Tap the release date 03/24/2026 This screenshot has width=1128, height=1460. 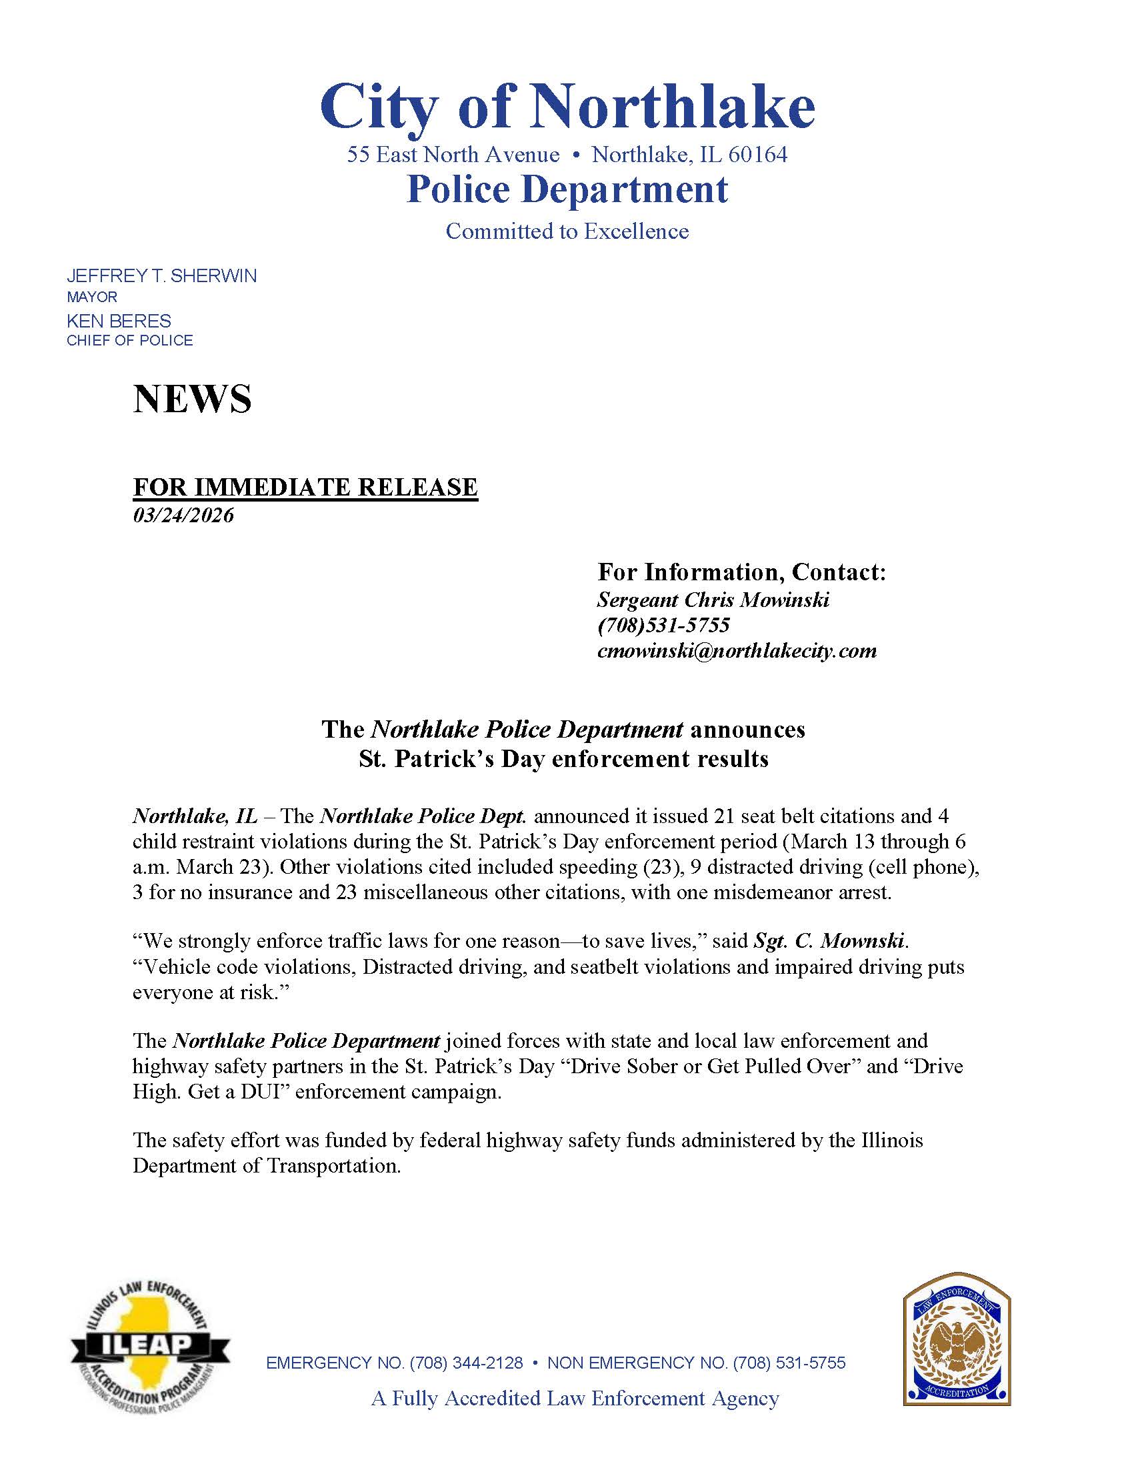tap(183, 516)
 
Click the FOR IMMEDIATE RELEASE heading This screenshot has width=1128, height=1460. tap(305, 487)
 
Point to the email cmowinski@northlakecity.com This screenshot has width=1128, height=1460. tap(737, 650)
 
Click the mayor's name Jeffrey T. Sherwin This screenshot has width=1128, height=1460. tap(161, 276)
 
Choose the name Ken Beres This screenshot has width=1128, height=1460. tap(119, 321)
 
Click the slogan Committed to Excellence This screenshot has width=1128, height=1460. tap(567, 231)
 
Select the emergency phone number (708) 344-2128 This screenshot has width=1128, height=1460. tap(466, 1363)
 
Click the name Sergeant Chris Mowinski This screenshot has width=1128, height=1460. tap(713, 600)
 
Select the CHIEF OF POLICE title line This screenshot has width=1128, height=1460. tap(129, 340)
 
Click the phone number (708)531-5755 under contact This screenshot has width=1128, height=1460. tap(663, 625)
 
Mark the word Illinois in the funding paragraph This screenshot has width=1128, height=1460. tap(888, 1140)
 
